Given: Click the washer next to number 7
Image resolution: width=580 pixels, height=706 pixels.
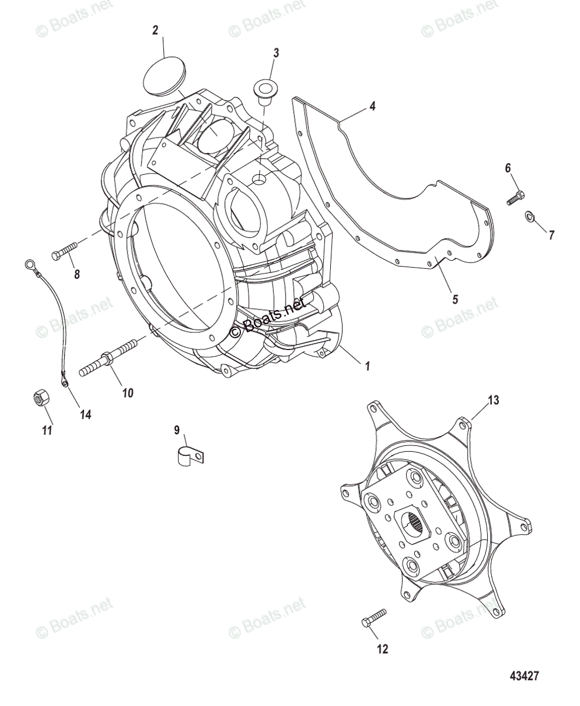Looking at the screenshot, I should pyautogui.click(x=529, y=218).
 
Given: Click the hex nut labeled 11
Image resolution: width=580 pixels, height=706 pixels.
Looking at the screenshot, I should pyautogui.click(x=39, y=399).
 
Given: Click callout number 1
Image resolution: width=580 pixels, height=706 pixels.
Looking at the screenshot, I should pyautogui.click(x=367, y=366).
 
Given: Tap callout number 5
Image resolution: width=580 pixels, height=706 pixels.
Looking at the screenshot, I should pyautogui.click(x=454, y=299).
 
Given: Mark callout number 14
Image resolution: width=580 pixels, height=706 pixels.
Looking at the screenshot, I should pyautogui.click(x=86, y=414).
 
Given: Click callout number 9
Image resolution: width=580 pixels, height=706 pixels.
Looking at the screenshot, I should pyautogui.click(x=177, y=430).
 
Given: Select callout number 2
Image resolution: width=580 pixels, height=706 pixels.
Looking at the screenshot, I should pyautogui.click(x=155, y=31).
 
